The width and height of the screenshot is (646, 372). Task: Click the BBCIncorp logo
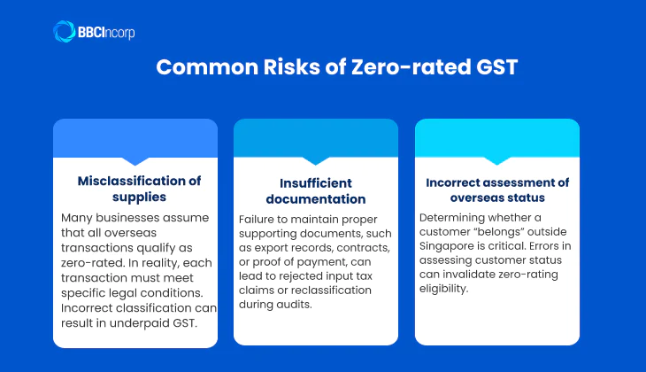pos(93,33)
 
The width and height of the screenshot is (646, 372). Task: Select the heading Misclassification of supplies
pos(139,189)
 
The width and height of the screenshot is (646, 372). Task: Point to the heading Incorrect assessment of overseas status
pos(496,190)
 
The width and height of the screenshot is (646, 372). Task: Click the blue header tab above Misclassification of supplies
pos(135,139)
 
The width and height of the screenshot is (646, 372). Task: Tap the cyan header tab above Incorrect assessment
pos(496,139)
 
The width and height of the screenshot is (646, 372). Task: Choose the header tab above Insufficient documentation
pos(316,139)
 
